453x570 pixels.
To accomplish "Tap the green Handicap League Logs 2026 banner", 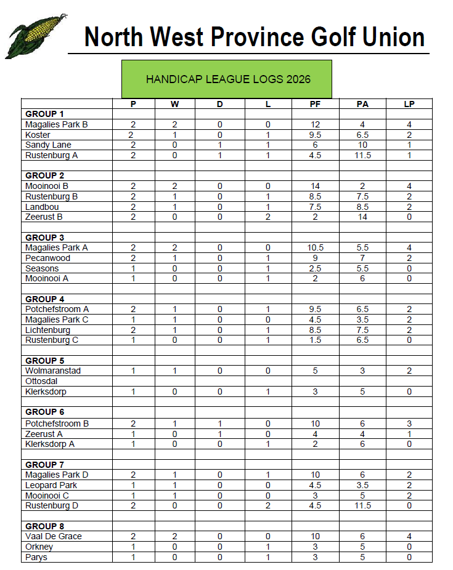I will (x=227, y=79).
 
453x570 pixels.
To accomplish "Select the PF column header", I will (x=315, y=104).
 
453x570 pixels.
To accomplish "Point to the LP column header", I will (x=409, y=104).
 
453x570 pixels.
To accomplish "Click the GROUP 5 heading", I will (x=44, y=361).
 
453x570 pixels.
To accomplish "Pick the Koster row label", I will (x=38, y=135).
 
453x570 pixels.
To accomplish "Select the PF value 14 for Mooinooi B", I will (x=315, y=186).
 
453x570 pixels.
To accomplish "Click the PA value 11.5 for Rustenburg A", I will (x=362, y=155).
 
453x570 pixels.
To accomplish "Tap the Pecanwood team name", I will (x=47, y=258).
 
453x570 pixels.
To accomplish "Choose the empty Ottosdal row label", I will (x=41, y=381).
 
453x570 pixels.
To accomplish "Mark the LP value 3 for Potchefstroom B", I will (x=409, y=423).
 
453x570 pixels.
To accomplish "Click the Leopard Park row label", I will (x=51, y=485).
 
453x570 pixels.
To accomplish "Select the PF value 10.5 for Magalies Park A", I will (x=315, y=247).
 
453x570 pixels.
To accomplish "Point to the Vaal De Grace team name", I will (x=54, y=536).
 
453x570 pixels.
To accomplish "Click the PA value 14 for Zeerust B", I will (x=362, y=217).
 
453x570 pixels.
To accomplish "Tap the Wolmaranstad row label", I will (x=53, y=371).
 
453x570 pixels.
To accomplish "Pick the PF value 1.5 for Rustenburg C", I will (x=315, y=340).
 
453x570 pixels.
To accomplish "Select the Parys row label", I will (x=36, y=557).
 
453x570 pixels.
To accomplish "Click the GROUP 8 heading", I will (x=44, y=526).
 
